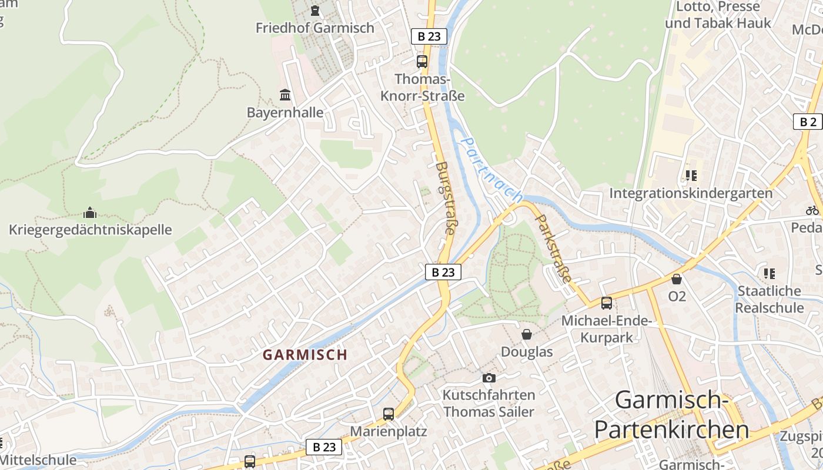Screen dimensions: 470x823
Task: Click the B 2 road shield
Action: click(x=808, y=122)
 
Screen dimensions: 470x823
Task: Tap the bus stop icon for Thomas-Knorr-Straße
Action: click(x=421, y=61)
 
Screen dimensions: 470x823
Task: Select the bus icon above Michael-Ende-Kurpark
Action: click(x=606, y=303)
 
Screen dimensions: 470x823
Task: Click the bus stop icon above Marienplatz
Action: click(x=388, y=414)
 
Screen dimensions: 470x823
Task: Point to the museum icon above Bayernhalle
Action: click(x=285, y=95)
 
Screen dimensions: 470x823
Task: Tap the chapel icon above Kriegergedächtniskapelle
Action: click(x=90, y=212)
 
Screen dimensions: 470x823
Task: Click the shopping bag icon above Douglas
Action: click(x=527, y=334)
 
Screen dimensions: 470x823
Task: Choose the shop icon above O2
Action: click(x=677, y=279)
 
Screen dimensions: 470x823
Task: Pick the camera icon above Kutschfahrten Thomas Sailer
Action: click(x=489, y=378)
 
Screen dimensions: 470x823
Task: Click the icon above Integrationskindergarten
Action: click(x=691, y=176)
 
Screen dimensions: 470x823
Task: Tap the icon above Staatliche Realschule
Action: click(x=769, y=273)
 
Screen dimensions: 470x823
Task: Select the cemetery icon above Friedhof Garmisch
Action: click(x=315, y=10)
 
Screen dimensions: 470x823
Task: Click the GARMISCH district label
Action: click(x=305, y=355)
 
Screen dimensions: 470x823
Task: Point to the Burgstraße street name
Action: click(x=445, y=199)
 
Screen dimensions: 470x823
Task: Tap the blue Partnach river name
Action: click(x=491, y=170)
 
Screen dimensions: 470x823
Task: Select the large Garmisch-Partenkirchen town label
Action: click(x=671, y=415)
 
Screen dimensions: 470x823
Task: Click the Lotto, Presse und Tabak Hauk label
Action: click(x=718, y=15)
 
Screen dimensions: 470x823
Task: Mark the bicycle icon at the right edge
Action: click(x=812, y=210)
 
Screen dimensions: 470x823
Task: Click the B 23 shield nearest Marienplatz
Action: click(x=324, y=447)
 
